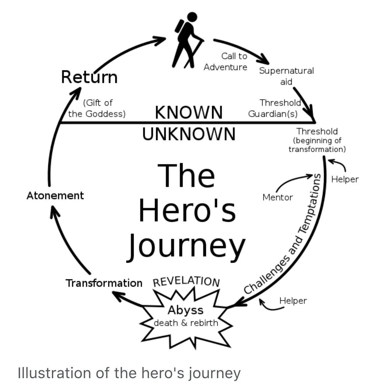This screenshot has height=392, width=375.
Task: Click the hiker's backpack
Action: [180, 26]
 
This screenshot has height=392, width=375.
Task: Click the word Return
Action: [89, 77]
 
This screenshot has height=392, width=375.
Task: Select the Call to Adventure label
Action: [226, 61]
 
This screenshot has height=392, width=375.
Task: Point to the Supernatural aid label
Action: [286, 76]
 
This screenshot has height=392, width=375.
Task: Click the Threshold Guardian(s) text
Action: [274, 108]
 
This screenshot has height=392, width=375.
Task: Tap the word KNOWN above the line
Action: [189, 112]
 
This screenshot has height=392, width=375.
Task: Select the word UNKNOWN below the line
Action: [189, 134]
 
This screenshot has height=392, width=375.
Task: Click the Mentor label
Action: [278, 197]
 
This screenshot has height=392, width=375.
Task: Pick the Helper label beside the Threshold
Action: [345, 179]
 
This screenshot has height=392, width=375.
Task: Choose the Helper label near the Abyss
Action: [293, 300]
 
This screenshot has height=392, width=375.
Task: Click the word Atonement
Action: [55, 196]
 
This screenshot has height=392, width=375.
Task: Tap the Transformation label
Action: [104, 283]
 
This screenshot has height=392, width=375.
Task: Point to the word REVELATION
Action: [186, 281]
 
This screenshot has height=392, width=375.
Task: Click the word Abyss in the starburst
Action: [185, 310]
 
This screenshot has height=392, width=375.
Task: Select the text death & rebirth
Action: [186, 323]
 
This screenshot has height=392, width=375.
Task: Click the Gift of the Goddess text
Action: [97, 108]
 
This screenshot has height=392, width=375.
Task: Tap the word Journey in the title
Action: [187, 246]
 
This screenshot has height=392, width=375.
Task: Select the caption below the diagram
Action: [129, 373]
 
